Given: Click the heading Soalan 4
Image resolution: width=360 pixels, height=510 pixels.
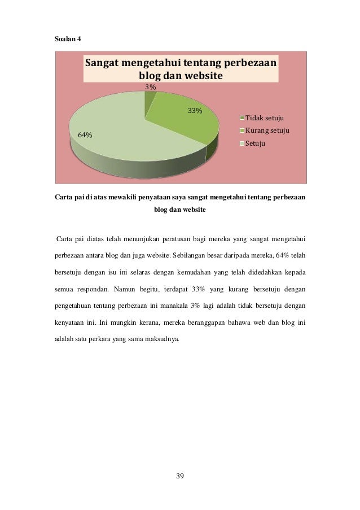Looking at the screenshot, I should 67,39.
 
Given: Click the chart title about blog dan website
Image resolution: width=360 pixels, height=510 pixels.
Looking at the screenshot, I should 181,68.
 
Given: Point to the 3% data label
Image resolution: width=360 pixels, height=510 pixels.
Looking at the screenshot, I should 151,88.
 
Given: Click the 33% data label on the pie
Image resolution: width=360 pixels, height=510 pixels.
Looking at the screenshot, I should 195,111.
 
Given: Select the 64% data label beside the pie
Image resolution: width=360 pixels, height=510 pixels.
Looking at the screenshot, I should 85,135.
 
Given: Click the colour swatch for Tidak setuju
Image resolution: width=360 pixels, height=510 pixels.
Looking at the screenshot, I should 242,118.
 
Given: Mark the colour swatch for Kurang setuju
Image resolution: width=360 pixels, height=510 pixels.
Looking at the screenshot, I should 242,130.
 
